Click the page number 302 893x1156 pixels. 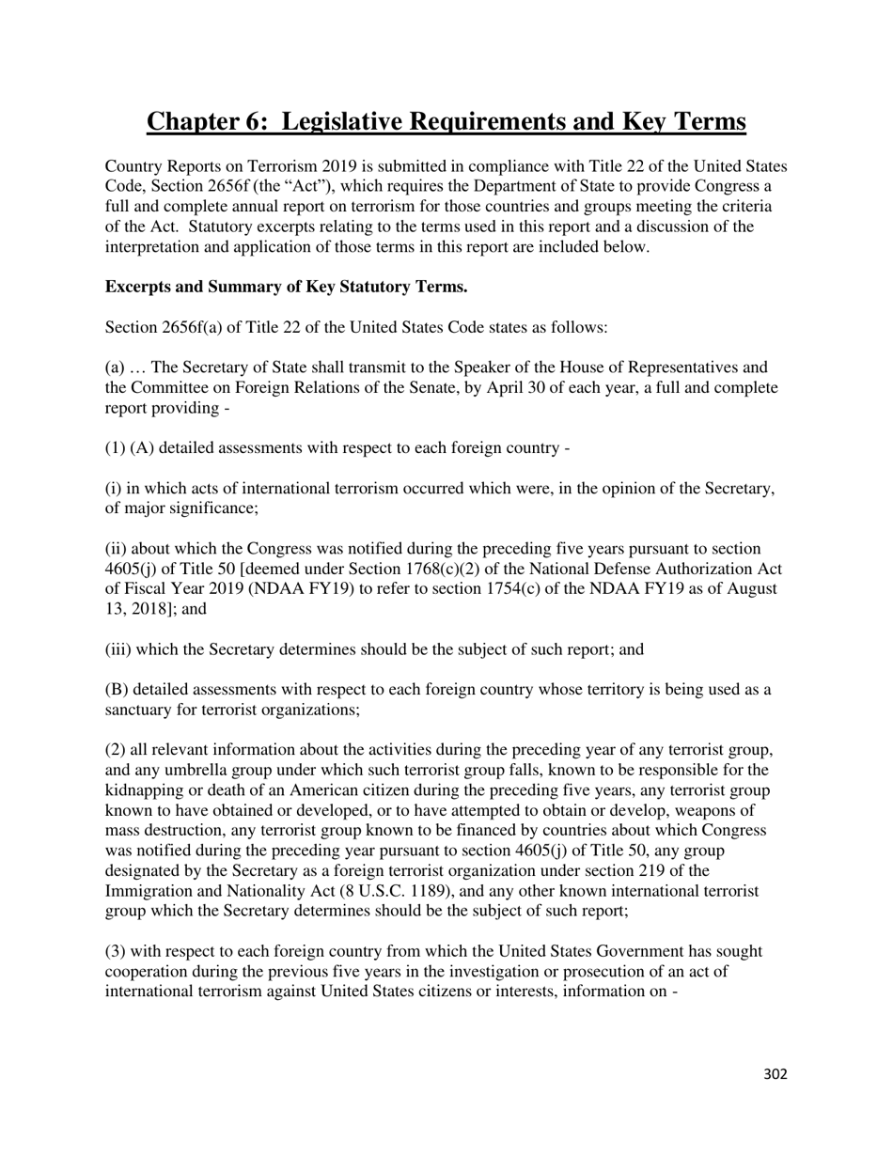[775, 1074]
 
